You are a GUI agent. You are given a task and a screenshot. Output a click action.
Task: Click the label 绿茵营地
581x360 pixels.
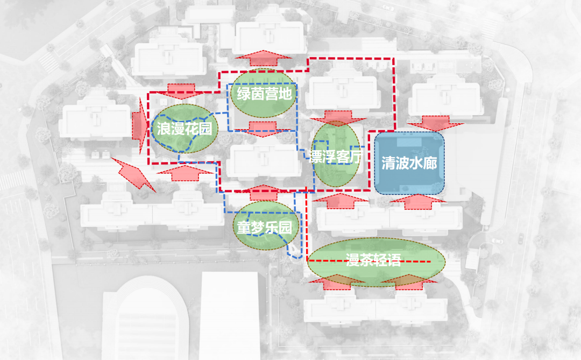[263, 94]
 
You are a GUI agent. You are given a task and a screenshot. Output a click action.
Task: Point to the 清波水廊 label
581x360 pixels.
[409, 163]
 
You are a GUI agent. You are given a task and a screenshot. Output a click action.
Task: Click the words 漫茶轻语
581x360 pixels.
[374, 262]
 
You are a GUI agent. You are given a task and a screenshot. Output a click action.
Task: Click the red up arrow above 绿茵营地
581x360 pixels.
[263, 57]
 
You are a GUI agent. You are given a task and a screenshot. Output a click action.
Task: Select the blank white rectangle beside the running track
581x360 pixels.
[229, 315]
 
